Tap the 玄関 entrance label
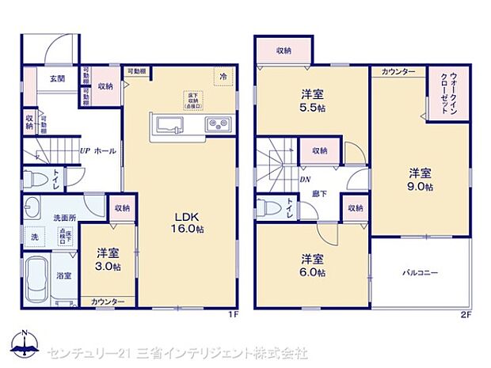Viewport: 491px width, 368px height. (57, 78)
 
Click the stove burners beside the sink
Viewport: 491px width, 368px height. (216, 124)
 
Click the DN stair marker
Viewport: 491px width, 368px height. (304, 180)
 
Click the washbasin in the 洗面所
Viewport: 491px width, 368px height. (32, 208)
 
